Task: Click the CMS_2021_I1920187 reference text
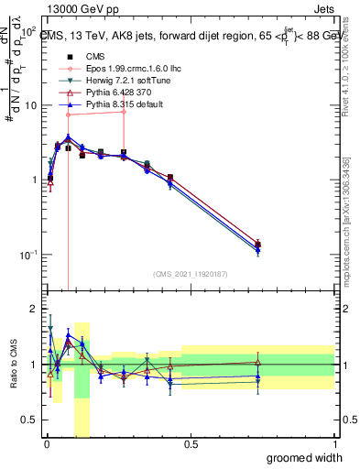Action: pyautogui.click(x=190, y=273)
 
